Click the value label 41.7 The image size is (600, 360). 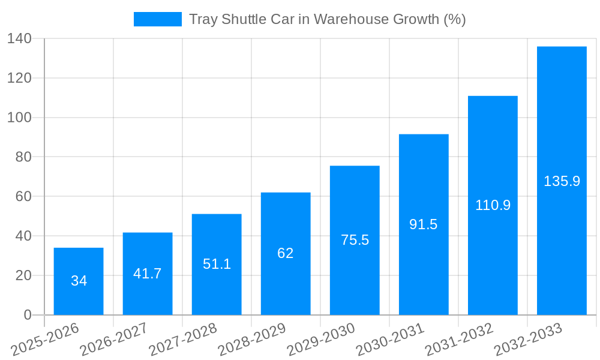(148, 274)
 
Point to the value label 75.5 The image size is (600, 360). (355, 240)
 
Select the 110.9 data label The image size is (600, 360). (493, 205)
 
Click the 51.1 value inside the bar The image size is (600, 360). (217, 264)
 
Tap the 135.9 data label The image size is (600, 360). (562, 181)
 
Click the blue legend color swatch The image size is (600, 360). (157, 19)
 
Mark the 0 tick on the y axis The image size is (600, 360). (27, 315)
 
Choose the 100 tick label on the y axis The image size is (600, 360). (19, 118)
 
